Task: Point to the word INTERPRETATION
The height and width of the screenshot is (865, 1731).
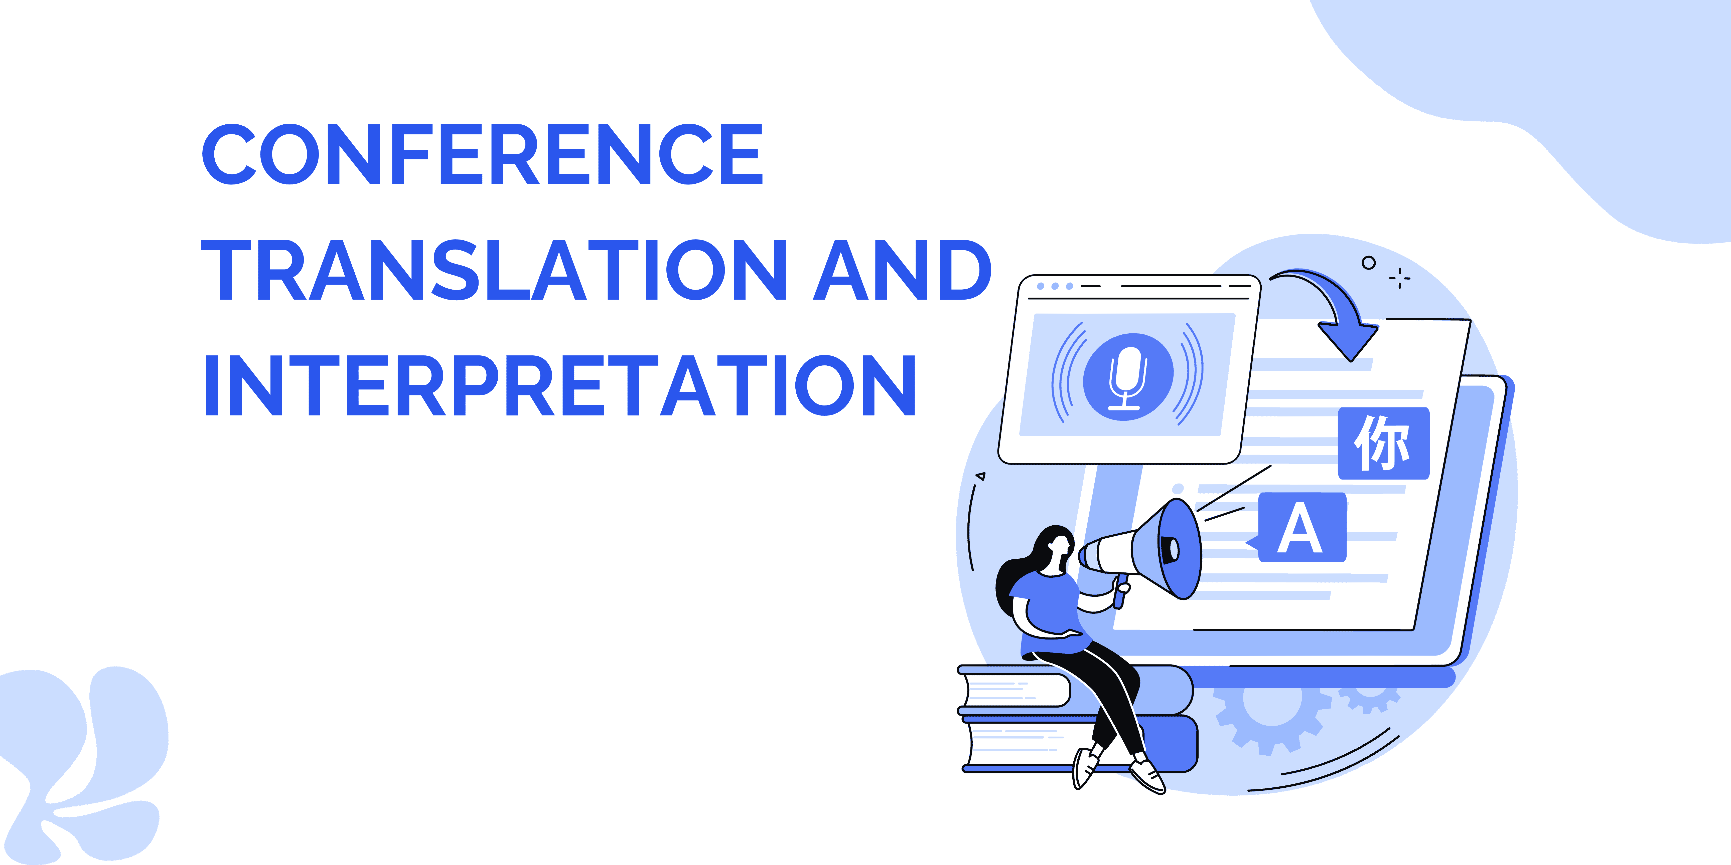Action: tap(560, 385)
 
